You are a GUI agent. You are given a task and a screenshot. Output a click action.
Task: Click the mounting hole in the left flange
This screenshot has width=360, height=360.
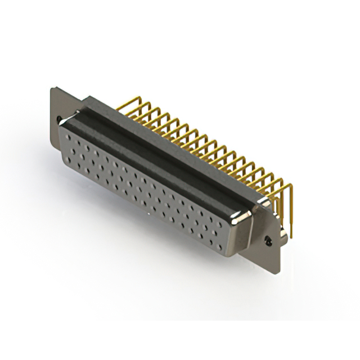pyautogui.click(x=61, y=119)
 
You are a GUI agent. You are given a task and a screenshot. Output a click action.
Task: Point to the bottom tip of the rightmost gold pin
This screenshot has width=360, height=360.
pyautogui.click(x=292, y=236)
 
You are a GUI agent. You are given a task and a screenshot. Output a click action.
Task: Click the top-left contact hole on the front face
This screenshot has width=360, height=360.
pyautogui.click(x=69, y=136)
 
